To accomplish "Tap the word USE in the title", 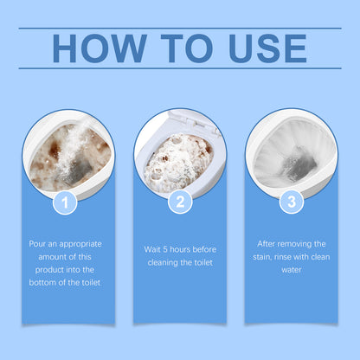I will click(260, 48).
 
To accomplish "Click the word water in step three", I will click(292, 269).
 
